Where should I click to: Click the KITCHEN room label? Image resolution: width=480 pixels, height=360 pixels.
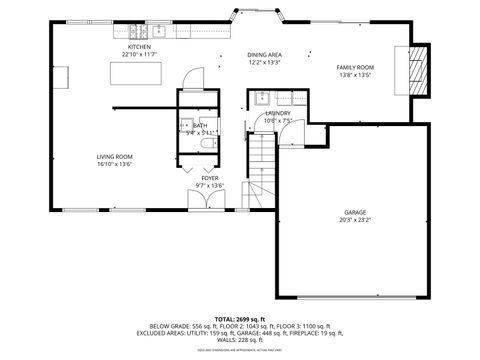[x=138, y=47]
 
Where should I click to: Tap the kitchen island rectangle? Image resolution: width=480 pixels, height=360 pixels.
[x=140, y=75]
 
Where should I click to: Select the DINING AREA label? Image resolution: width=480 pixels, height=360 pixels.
[x=264, y=55]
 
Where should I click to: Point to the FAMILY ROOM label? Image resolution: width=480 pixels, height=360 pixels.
[x=354, y=67]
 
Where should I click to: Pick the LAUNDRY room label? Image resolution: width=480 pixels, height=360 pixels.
[x=278, y=114]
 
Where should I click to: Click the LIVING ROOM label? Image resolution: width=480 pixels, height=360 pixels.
[x=115, y=156]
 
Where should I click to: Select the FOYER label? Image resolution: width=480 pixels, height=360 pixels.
[x=210, y=178]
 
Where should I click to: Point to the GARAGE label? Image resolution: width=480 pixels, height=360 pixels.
[x=355, y=212]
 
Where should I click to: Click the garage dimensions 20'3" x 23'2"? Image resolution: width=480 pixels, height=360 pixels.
[x=355, y=220]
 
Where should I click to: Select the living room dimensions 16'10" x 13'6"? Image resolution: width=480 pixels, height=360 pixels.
[x=115, y=164]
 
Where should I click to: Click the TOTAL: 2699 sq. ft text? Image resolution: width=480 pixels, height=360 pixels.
[x=240, y=318]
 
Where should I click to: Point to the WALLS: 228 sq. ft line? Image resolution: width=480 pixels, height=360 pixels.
[x=240, y=340]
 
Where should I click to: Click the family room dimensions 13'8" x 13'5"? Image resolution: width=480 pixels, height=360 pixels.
[x=354, y=75]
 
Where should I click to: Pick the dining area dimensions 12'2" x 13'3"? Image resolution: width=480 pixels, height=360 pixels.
[x=264, y=63]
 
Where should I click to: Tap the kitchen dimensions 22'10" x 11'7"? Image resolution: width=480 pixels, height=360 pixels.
[x=138, y=55]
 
